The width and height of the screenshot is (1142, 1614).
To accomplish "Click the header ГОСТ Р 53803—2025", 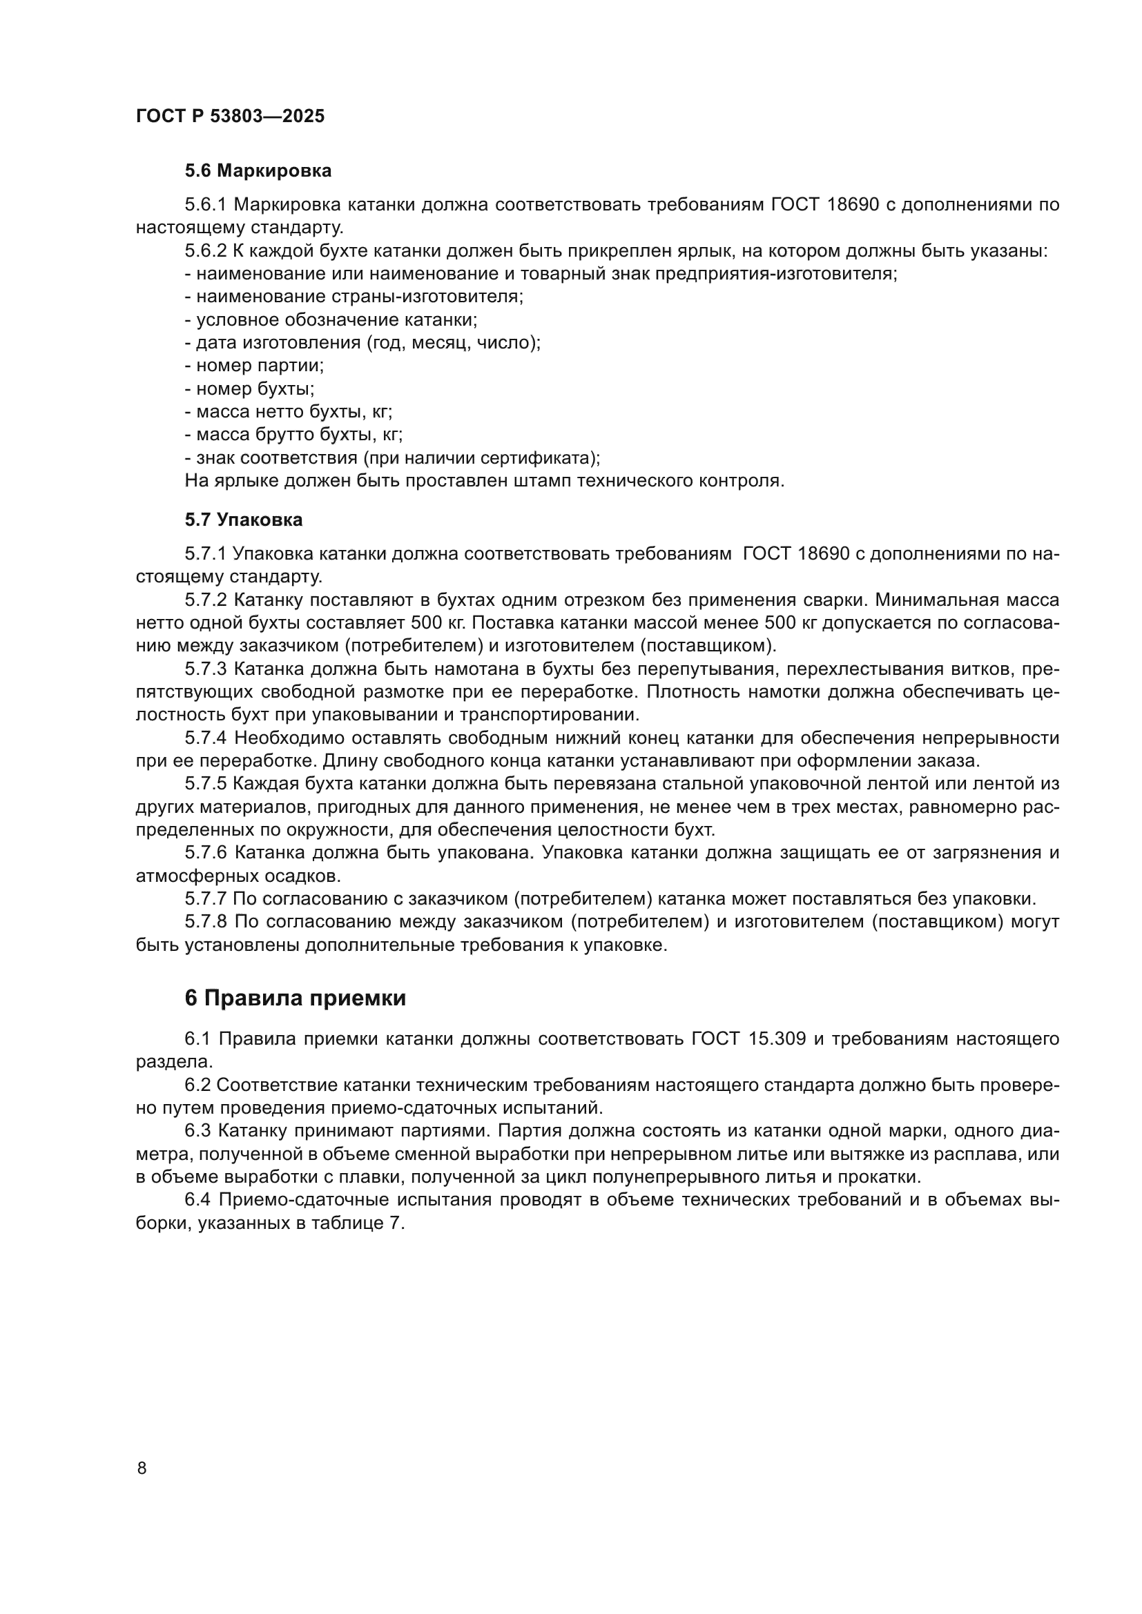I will coord(230,116).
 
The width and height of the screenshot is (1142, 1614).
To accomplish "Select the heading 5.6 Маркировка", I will coord(258,170).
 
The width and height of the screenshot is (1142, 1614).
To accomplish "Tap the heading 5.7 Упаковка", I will coord(243,520).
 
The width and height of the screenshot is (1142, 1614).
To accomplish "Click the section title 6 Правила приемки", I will coord(296,998).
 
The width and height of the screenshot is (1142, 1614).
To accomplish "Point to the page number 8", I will coord(142,1468).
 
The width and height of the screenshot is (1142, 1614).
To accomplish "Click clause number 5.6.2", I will coord(205,251).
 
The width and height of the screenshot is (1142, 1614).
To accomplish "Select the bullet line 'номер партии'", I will coord(255,366).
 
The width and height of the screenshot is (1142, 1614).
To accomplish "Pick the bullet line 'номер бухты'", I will coord(250,388).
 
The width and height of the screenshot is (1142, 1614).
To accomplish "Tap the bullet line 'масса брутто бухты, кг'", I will coord(294,435).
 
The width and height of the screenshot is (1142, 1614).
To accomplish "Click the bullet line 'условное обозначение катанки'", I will coord(331,320).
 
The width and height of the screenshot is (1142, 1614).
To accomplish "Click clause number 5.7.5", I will coord(205,784).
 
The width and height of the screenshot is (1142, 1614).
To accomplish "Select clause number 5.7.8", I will coord(205,922).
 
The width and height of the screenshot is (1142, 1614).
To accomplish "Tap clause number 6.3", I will coord(198,1131).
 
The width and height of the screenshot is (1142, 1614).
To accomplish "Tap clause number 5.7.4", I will coord(205,738).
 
